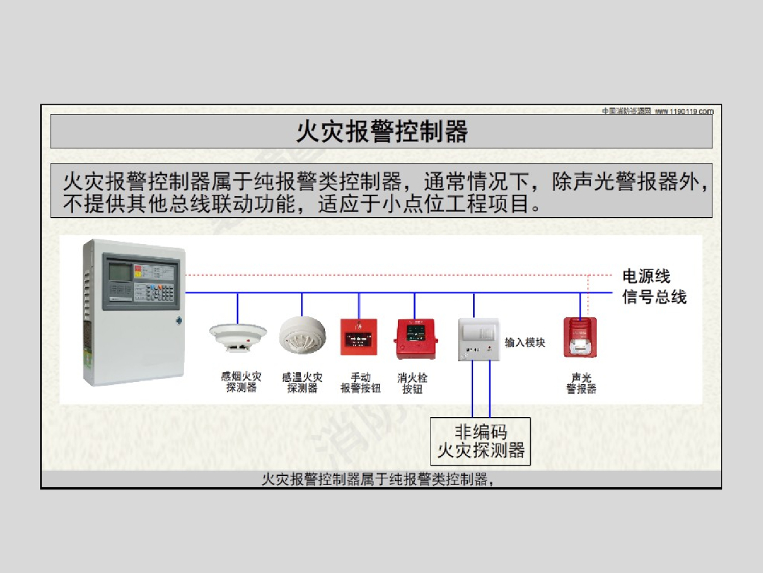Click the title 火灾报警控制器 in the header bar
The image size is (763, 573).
381,132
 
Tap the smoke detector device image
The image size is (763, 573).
238,336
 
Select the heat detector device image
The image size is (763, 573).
303,335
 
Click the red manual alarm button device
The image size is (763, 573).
359,337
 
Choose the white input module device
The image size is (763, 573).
478,340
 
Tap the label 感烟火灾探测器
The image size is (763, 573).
241,383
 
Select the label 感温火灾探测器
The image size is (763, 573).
303,383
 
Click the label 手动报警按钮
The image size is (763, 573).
361,383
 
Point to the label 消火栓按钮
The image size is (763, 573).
413,383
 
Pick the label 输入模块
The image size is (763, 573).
525,342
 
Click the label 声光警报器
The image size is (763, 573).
581,383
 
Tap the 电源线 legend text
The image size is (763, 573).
646,276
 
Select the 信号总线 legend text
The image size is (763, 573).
654,297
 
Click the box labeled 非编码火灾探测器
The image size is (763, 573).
481,441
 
